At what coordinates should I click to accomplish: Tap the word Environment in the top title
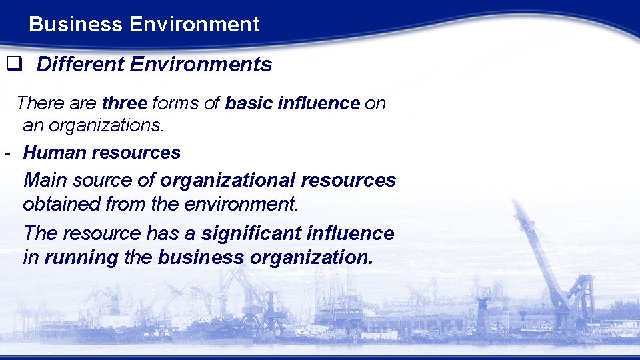tap(195, 25)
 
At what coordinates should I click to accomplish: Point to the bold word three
tap(124, 103)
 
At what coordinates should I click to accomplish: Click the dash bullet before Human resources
tap(6, 153)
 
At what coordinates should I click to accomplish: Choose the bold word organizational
tap(227, 181)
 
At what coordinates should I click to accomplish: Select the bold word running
tap(81, 258)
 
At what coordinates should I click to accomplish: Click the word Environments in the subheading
tap(201, 65)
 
